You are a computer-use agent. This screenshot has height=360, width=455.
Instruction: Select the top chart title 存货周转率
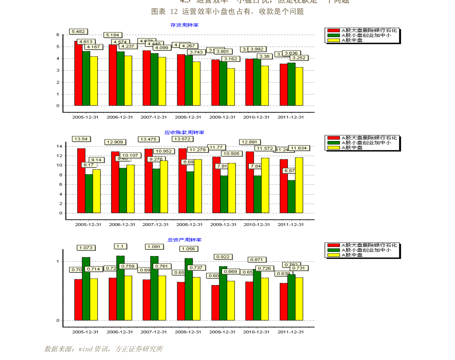[x=184, y=25]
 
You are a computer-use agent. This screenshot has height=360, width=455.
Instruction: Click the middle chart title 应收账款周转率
[x=184, y=133]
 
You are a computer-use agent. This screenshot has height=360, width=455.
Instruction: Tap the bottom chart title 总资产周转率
[x=184, y=240]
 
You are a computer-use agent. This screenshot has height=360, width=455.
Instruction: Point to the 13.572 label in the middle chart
[x=181, y=139]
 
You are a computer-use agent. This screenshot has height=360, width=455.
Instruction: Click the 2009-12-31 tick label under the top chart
[x=222, y=117]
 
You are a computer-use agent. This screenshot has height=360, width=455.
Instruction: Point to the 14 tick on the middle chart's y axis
[x=59, y=146]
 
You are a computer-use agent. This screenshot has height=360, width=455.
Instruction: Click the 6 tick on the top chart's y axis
[x=58, y=35]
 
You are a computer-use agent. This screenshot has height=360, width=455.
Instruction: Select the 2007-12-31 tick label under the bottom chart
[x=154, y=332]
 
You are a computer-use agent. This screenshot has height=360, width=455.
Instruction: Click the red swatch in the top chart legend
[x=333, y=30]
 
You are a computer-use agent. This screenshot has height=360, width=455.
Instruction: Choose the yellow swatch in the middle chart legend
[x=333, y=148]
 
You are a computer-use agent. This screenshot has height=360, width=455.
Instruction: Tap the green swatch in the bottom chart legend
[x=333, y=250]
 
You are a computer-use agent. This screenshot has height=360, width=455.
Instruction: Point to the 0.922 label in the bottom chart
[x=223, y=257]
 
